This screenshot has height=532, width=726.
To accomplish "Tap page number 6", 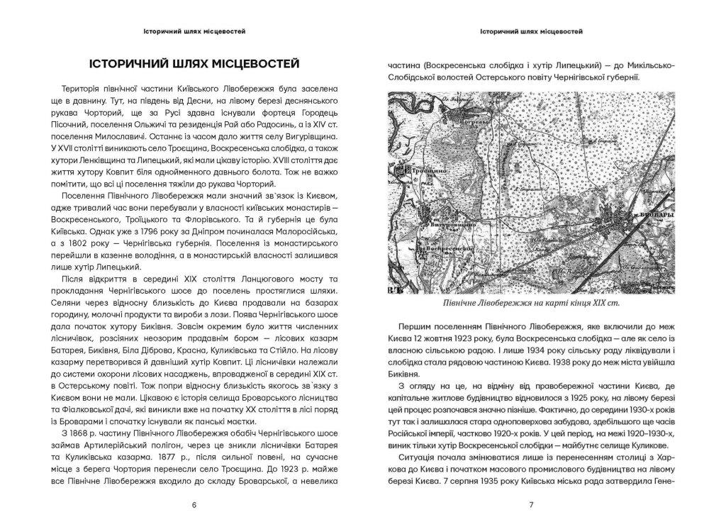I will (x=194, y=505).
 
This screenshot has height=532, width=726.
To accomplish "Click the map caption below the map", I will (x=531, y=304).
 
